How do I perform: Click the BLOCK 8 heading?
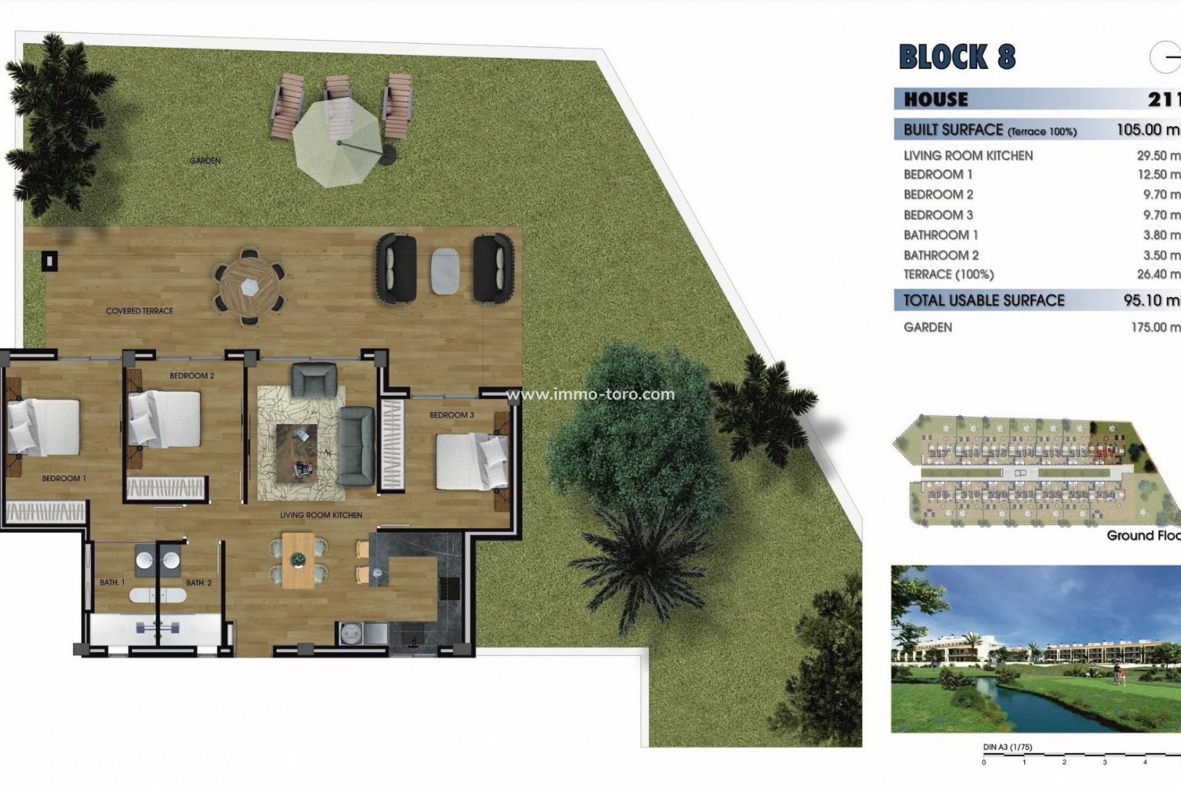point(956,57)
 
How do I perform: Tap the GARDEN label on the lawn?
point(205,161)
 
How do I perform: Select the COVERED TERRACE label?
point(140,311)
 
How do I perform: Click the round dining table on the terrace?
point(249,286)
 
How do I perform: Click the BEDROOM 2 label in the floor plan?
point(192,376)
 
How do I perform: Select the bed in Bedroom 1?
point(44,426)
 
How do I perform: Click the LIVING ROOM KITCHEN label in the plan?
point(321,515)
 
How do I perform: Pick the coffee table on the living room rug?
point(297,452)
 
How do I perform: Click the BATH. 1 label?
point(112,582)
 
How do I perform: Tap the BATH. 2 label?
point(199,582)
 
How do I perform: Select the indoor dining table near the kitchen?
point(298,560)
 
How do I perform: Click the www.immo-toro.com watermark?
point(590,394)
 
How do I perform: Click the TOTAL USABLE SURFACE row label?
point(984,300)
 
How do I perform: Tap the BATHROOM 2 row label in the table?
point(941,255)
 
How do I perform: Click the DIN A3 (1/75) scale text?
point(1008,747)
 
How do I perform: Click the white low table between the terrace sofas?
point(444,270)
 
